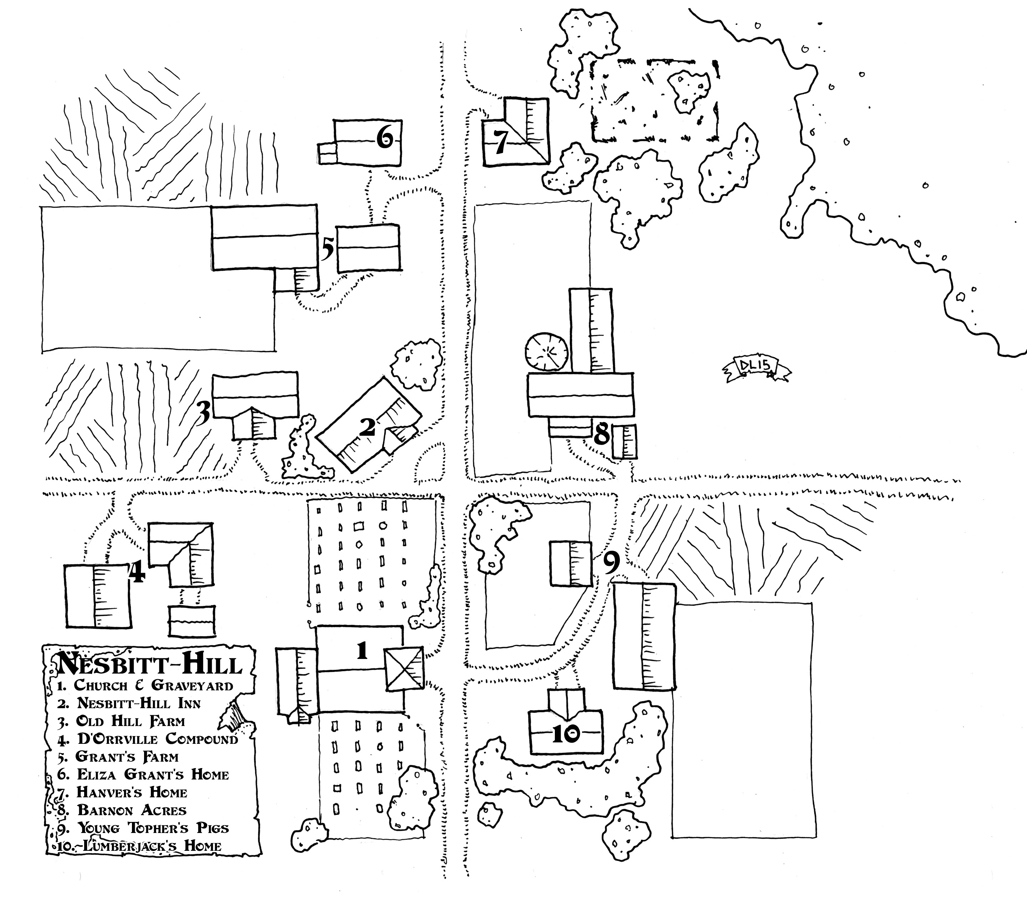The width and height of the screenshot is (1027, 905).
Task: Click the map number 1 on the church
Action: [362, 651]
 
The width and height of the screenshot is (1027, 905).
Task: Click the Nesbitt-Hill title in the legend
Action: [150, 664]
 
